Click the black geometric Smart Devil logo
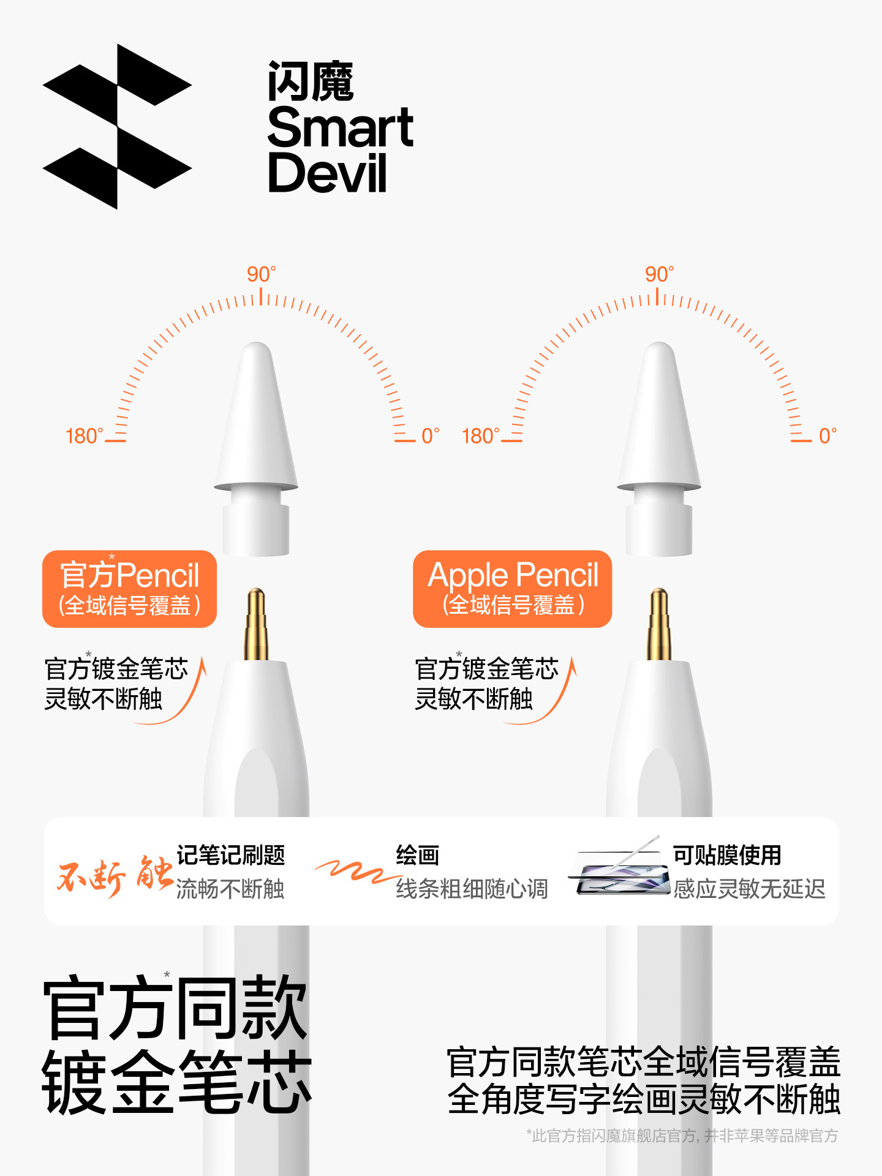pos(116,127)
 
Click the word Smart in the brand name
pos(340,127)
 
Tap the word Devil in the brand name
pos(328,173)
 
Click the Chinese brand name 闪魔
pos(311,81)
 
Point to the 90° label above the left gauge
pos(261,274)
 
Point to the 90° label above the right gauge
pos(659,274)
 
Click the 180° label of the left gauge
pos(84,436)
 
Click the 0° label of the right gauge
pos(827,436)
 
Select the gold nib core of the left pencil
pos(256,625)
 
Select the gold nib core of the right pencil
pos(659,625)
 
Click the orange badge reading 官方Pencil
pos(129,589)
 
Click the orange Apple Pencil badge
pos(512,589)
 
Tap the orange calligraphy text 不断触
pos(114,875)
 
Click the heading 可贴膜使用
pos(727,855)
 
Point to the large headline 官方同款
pos(175,1008)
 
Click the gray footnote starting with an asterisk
pos(681,1136)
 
